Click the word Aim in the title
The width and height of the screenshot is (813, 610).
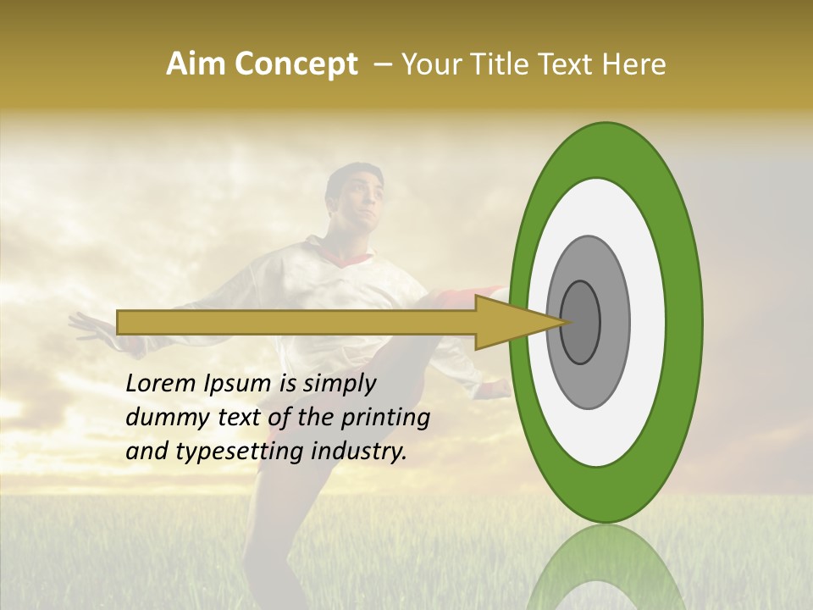point(196,64)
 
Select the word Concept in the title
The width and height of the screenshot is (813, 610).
point(295,64)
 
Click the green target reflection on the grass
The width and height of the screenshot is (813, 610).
point(606,568)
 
